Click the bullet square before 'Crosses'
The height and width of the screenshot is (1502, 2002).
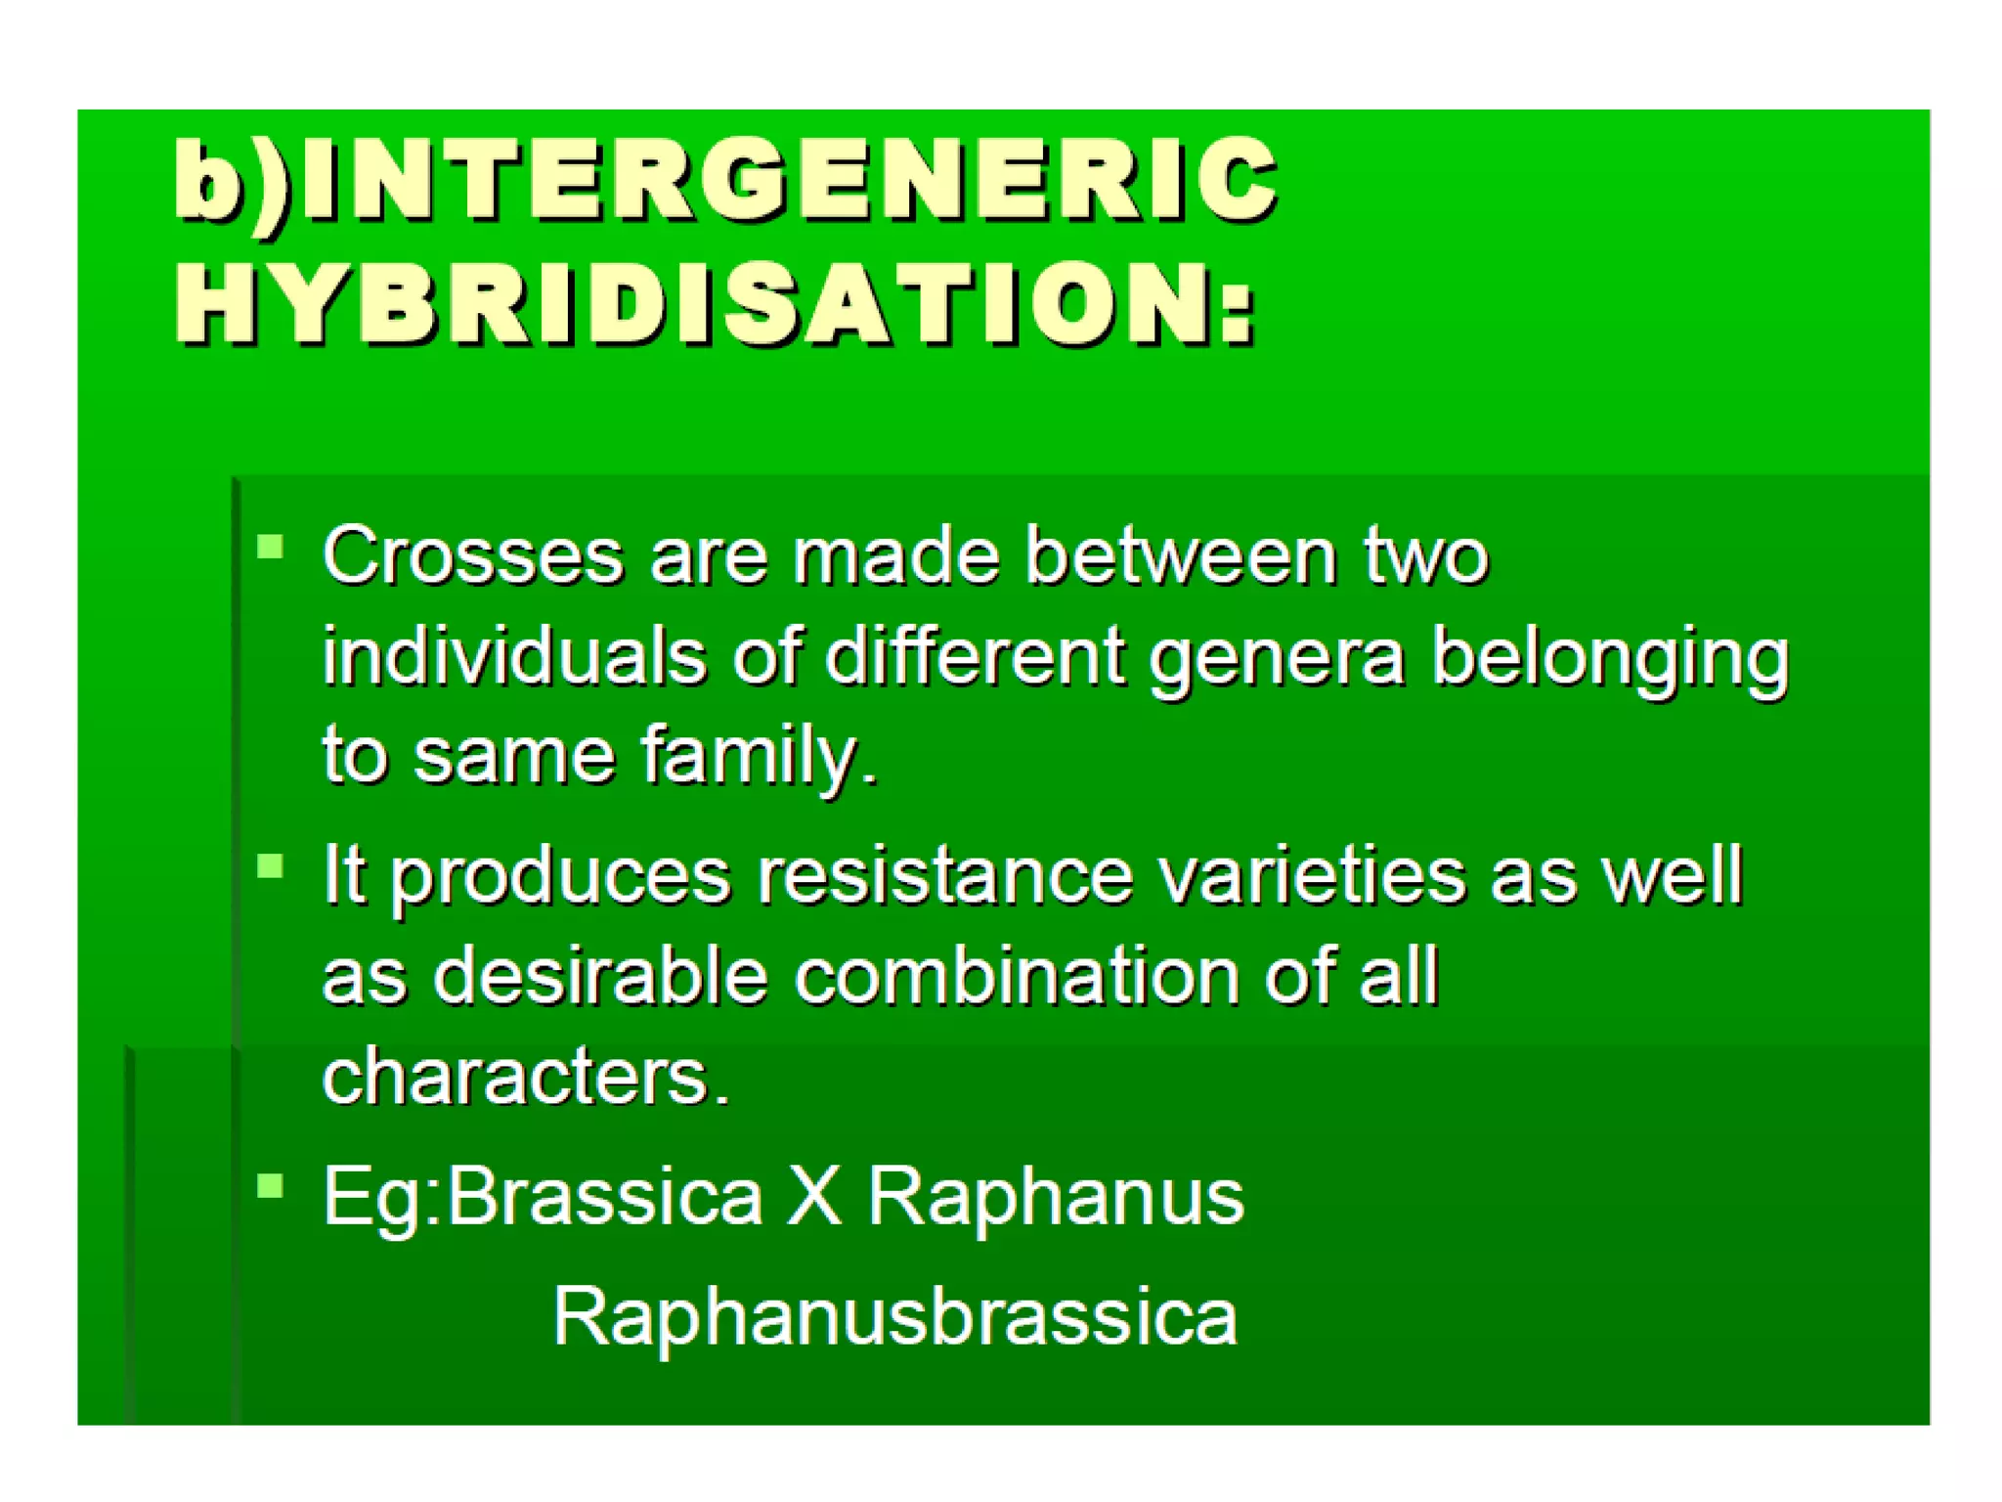pyautogui.click(x=270, y=546)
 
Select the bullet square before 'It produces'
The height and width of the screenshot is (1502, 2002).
pyautogui.click(x=270, y=866)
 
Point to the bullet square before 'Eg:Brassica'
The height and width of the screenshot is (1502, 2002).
pyautogui.click(x=270, y=1186)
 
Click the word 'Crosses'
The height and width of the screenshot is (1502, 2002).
pyautogui.click(x=473, y=555)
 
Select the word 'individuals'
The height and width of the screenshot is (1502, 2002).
pyautogui.click(x=514, y=655)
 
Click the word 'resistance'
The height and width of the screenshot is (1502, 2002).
pyautogui.click(x=944, y=875)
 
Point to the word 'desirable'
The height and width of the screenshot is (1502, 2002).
pyautogui.click(x=600, y=975)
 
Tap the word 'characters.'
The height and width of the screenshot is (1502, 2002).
pyautogui.click(x=526, y=1076)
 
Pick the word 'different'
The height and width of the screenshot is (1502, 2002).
pyautogui.click(x=975, y=655)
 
